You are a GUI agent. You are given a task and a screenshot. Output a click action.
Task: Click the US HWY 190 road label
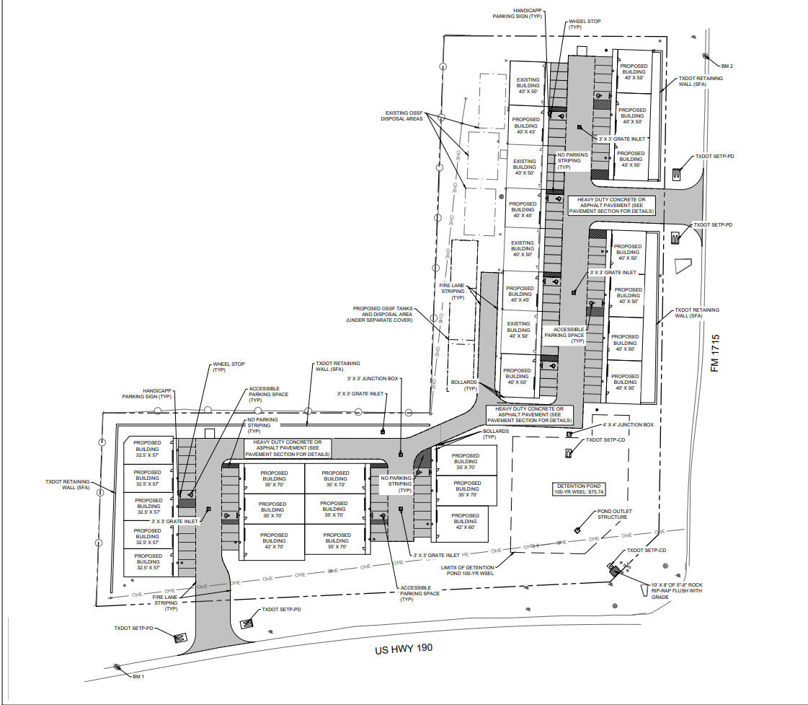click(x=404, y=649)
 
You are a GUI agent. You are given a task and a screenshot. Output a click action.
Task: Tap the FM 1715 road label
click(x=715, y=354)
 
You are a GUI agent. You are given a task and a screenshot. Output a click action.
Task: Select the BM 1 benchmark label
click(x=138, y=677)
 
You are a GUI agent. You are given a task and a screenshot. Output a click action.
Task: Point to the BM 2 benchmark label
click(x=727, y=66)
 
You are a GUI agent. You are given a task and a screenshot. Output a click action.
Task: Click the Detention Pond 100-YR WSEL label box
click(x=579, y=489)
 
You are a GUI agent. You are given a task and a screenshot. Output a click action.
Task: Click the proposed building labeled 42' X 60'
click(x=466, y=522)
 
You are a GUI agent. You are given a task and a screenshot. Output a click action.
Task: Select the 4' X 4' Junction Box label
click(x=628, y=425)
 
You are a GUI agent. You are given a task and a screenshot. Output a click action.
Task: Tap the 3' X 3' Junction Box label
click(x=373, y=379)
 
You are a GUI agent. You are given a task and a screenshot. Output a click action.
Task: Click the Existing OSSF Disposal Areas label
click(x=402, y=115)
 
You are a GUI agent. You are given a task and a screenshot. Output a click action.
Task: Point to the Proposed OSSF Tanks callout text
click(x=380, y=314)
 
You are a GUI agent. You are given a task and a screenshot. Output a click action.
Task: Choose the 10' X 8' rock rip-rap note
click(x=677, y=591)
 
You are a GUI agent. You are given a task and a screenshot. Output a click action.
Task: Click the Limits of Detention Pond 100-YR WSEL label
click(x=467, y=570)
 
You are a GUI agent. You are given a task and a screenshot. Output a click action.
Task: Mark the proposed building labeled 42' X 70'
click(x=274, y=541)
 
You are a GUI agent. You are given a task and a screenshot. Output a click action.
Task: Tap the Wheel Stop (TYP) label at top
click(x=585, y=25)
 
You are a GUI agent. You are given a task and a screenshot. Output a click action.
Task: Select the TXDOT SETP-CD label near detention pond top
click(x=605, y=440)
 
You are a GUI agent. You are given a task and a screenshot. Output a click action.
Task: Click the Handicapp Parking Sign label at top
click(x=518, y=14)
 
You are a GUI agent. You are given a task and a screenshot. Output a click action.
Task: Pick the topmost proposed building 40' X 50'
click(x=634, y=71)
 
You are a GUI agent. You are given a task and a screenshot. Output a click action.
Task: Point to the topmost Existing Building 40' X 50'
click(x=528, y=86)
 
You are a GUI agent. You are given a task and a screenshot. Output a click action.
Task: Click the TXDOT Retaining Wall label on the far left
click(x=68, y=484)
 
